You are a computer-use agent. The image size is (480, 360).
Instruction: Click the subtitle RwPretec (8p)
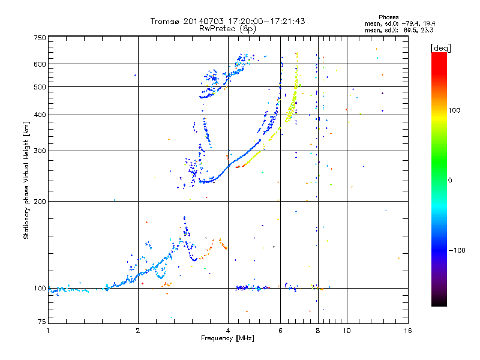(x=227, y=29)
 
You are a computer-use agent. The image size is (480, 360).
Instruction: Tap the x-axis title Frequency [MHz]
(x=227, y=338)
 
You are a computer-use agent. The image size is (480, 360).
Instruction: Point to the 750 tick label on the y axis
(x=40, y=38)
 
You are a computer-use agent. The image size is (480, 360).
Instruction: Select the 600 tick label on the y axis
(x=40, y=64)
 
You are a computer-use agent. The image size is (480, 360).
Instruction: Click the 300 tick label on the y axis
(x=40, y=151)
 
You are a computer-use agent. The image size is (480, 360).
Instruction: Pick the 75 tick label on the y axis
(x=42, y=322)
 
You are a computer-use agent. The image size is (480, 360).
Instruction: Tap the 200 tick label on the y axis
(x=40, y=202)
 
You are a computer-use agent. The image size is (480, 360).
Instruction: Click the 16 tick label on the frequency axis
(x=408, y=331)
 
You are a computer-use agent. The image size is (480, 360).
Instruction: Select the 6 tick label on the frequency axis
(x=280, y=331)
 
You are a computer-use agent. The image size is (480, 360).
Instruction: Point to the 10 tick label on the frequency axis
(x=347, y=331)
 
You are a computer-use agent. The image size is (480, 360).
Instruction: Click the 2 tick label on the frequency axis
(x=138, y=331)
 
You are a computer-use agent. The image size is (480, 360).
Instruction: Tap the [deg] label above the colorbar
(x=440, y=48)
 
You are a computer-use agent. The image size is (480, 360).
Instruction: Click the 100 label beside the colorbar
(x=454, y=110)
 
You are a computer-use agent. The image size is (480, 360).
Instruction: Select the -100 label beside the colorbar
(x=457, y=250)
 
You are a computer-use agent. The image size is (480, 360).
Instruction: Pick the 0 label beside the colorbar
(x=450, y=181)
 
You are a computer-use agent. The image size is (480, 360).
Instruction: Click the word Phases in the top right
(x=388, y=17)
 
